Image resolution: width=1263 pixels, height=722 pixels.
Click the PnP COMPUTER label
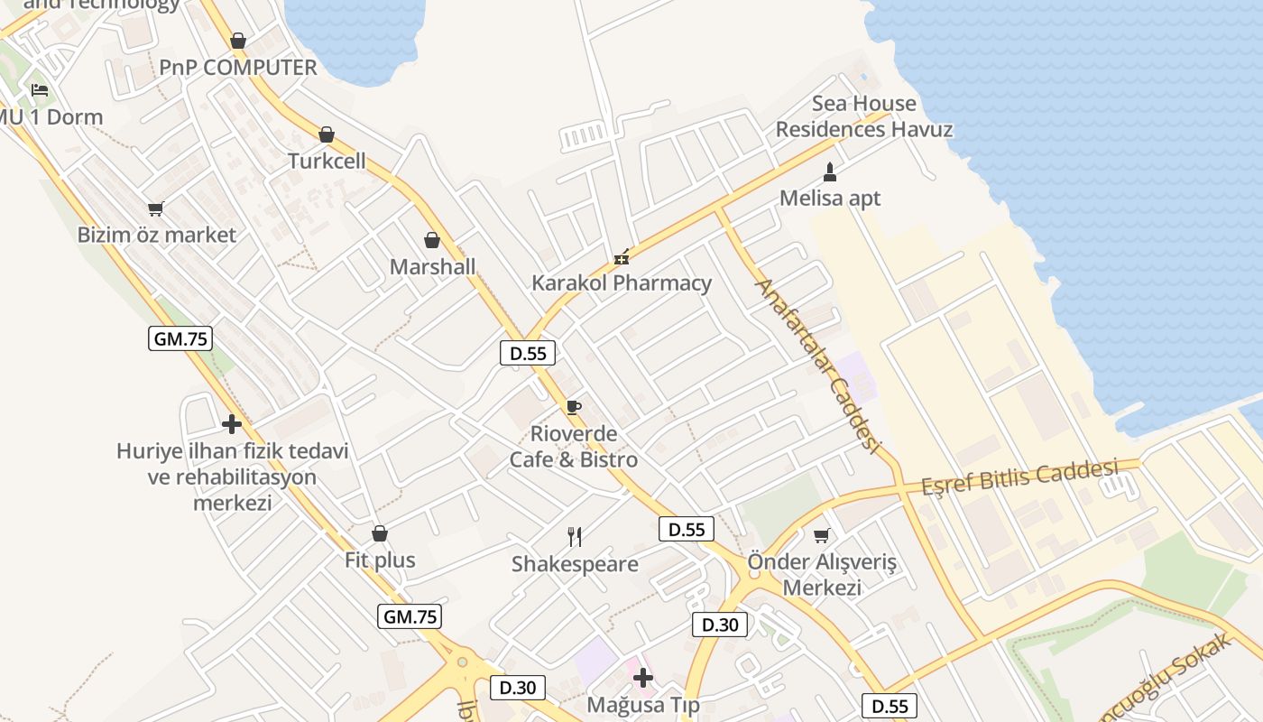tap(238, 68)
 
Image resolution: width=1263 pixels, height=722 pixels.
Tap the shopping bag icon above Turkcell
tap(327, 134)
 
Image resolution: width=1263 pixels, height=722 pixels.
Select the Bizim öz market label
tap(157, 235)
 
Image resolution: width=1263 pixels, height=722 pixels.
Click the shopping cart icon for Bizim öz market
tap(156, 209)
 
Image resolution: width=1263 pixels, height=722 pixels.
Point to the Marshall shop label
tap(432, 267)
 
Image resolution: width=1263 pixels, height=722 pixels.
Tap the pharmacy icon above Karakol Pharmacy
tap(621, 258)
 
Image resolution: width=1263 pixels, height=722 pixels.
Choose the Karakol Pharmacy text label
tap(622, 282)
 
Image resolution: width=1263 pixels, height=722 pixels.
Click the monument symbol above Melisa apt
tap(830, 171)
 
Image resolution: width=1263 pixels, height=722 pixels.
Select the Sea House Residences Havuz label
tap(864, 116)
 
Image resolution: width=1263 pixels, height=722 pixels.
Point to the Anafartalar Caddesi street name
tap(816, 366)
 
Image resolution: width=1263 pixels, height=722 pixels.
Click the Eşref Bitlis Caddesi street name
tap(1019, 477)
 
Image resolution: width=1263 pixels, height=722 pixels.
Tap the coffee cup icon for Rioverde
tap(574, 407)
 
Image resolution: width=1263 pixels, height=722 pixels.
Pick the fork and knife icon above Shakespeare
tap(575, 537)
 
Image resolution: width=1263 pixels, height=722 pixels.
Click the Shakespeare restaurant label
tap(575, 564)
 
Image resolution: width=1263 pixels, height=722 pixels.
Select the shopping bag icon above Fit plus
tap(380, 533)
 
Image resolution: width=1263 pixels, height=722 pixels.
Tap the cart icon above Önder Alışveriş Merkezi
tap(822, 536)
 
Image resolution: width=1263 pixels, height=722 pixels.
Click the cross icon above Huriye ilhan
tap(232, 423)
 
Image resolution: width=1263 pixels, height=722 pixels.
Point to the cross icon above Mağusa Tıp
tap(643, 677)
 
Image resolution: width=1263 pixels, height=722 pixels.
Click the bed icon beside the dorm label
tap(40, 90)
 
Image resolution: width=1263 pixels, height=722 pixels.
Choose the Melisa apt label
tap(830, 199)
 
